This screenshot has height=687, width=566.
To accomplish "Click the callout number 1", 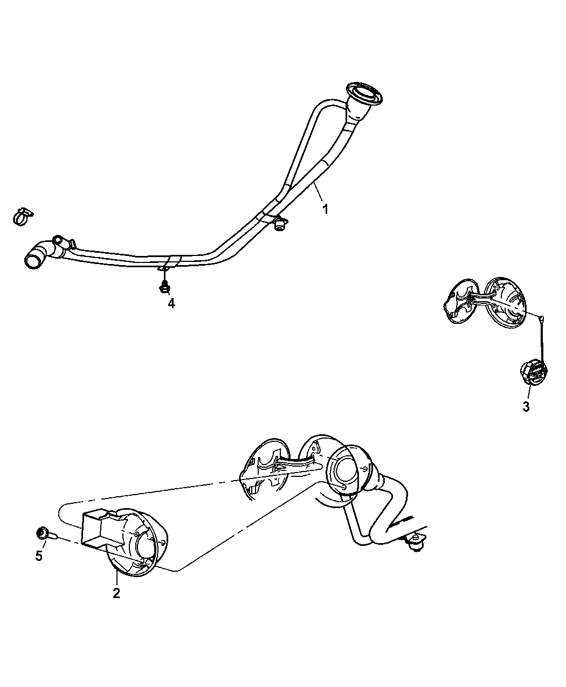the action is click(325, 209).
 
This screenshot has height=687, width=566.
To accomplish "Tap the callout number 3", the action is click(526, 407).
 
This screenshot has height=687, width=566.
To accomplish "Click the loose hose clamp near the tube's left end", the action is click(23, 217).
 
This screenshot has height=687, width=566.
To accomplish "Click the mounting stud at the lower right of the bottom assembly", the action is click(417, 546).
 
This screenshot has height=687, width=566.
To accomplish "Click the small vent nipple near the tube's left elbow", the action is click(58, 240).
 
